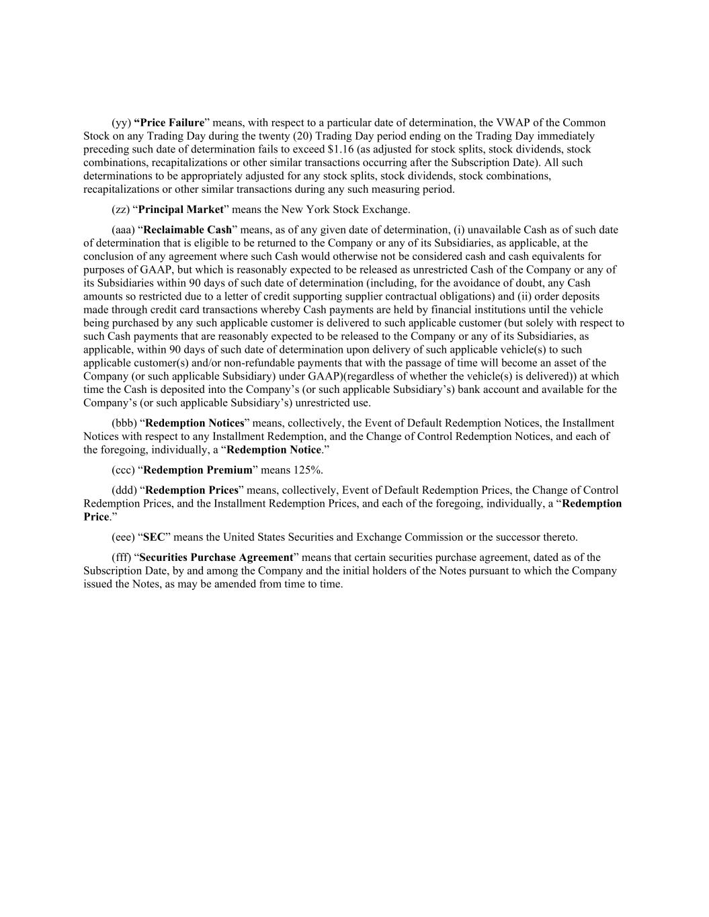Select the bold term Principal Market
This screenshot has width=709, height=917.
[180, 210]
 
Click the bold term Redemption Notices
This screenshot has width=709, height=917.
[195, 423]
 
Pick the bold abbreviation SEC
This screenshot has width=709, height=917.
[154, 537]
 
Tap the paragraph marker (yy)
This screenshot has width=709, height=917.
[121, 122]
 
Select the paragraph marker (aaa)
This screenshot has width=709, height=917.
[124, 230]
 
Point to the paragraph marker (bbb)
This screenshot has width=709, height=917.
[124, 423]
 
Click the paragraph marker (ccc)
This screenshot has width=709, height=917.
[124, 470]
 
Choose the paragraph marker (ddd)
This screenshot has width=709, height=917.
[124, 490]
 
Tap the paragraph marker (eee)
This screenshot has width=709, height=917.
[124, 537]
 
